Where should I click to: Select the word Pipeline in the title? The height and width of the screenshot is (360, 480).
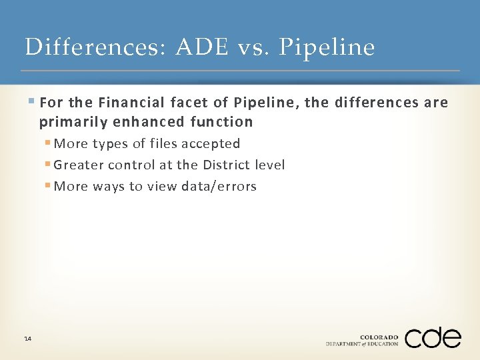tap(326, 47)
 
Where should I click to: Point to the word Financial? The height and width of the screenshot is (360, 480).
tap(129, 103)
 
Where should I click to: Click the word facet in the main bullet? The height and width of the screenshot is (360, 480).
tap(188, 103)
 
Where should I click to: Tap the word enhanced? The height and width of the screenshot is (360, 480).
tap(140, 121)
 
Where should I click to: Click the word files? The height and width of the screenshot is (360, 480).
tap(164, 143)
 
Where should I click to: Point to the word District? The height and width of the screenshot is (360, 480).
tap(225, 165)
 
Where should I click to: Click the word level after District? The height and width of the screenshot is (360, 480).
tap(269, 165)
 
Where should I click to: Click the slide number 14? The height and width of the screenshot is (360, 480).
tap(27, 339)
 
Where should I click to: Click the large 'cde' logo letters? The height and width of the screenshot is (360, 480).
tap(433, 338)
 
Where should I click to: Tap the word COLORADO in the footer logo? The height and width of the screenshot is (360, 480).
tap(379, 337)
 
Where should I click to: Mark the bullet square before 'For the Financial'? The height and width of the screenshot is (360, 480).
tap(33, 102)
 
